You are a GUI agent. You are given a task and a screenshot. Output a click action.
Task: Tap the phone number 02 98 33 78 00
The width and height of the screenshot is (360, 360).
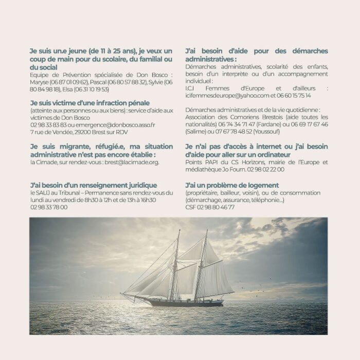coord(49,207)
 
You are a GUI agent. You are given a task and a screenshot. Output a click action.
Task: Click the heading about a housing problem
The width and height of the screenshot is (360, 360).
coord(232,185)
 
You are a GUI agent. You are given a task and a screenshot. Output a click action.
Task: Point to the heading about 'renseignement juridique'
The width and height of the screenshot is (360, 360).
coord(94,185)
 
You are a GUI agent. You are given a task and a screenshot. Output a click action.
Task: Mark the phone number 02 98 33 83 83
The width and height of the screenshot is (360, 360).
coord(49,125)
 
